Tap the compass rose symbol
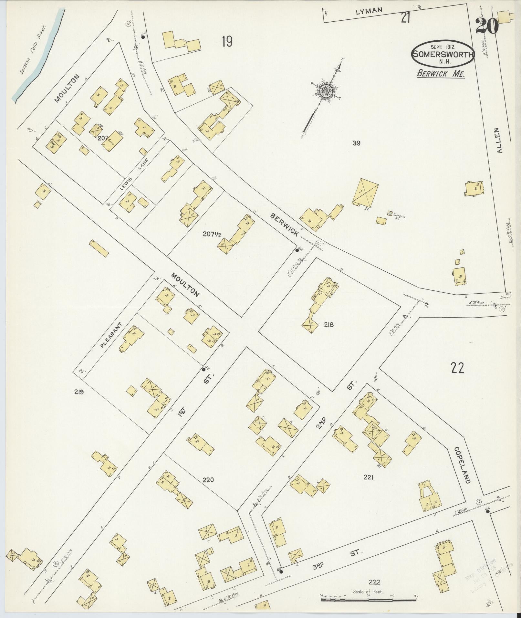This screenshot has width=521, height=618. coord(325,91)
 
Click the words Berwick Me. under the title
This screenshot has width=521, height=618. coord(441,74)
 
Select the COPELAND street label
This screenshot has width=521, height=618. coord(462,465)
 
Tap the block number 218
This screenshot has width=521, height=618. coord(329,325)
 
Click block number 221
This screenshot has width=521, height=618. coord(369,477)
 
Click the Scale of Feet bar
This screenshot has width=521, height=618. coord(368,600)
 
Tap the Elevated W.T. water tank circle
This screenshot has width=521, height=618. coord(390,214)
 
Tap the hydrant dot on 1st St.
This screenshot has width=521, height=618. coord(204,369)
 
